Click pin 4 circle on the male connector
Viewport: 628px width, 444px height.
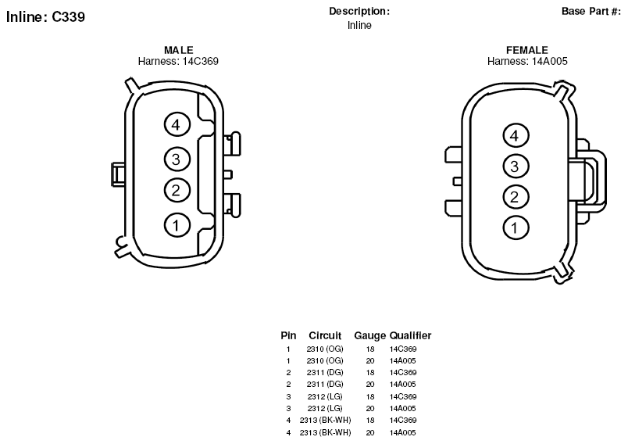[177, 124]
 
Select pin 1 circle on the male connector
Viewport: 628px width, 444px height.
[177, 225]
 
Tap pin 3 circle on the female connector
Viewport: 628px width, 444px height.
[516, 166]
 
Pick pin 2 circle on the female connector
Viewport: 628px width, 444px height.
[516, 197]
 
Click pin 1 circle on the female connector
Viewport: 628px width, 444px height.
[516, 227]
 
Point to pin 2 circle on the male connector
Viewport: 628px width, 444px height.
[177, 190]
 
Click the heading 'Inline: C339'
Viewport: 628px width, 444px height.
[45, 17]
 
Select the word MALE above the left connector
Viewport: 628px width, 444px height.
[179, 50]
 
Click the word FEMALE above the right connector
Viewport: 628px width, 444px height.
[527, 50]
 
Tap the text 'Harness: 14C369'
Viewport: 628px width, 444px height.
[178, 61]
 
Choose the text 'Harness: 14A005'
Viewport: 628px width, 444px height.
[527, 61]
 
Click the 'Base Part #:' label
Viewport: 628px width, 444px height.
[591, 11]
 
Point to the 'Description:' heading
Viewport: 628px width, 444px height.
[359, 11]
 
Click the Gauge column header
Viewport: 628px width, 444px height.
[369, 335]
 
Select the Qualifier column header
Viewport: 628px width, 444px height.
[411, 335]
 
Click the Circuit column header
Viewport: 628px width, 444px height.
[325, 335]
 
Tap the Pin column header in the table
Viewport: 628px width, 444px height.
[288, 335]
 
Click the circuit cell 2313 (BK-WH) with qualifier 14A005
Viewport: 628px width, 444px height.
[325, 432]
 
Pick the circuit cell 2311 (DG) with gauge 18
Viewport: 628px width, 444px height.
[325, 372]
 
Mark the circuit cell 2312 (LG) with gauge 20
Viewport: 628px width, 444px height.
[325, 408]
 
